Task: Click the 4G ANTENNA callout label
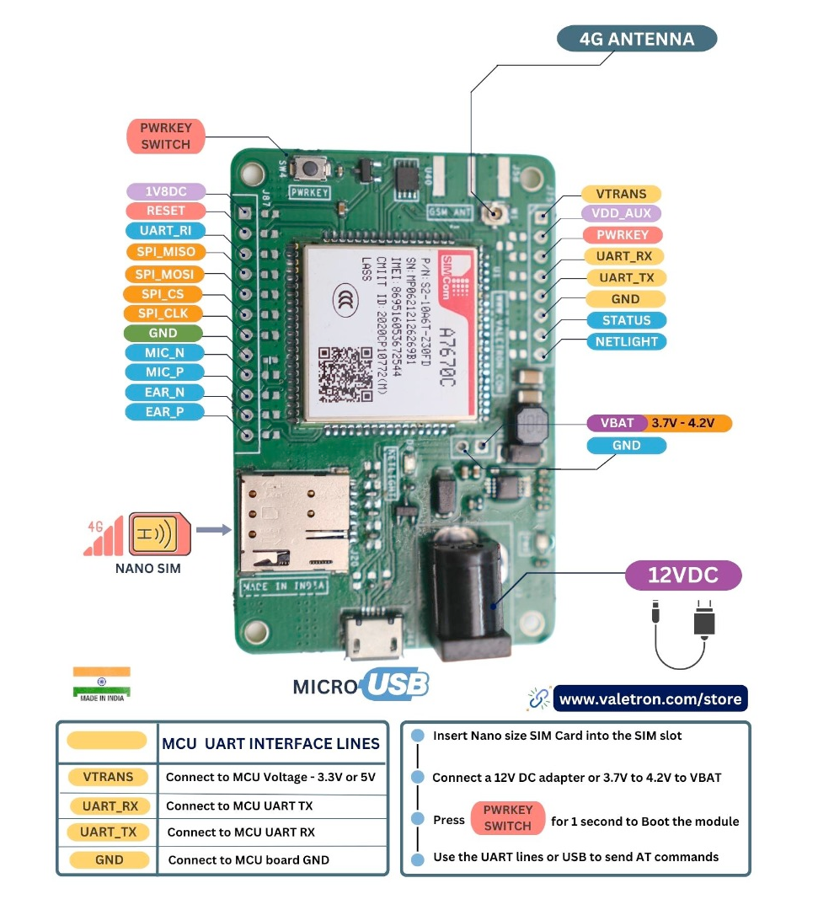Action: (637, 39)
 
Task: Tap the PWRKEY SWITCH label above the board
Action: (165, 136)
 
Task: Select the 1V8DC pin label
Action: (165, 191)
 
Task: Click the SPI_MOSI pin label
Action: (164, 274)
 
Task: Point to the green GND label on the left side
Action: (163, 333)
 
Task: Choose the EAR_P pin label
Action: (164, 412)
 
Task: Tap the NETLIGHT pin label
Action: (626, 342)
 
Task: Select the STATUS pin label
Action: (626, 320)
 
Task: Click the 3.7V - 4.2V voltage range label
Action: (688, 423)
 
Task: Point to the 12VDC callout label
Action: (682, 575)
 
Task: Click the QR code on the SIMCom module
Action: (345, 373)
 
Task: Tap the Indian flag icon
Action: (101, 680)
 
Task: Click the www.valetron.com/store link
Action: (650, 699)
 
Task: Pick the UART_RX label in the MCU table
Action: (110, 806)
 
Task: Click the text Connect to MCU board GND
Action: (249, 859)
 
